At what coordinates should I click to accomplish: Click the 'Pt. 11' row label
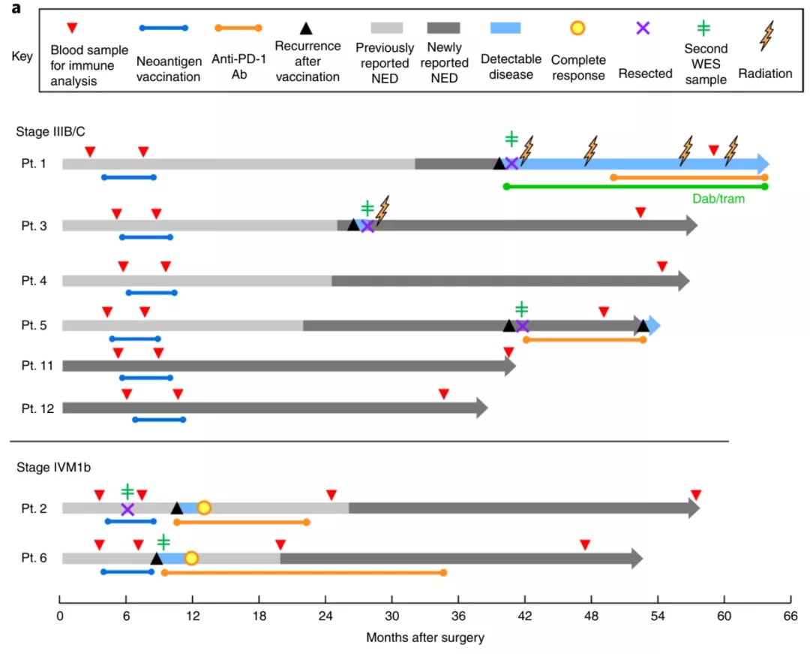click(37, 366)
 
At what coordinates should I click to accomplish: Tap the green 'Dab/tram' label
click(718, 198)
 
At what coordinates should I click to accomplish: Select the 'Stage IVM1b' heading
click(54, 467)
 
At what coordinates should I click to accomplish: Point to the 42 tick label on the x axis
click(525, 616)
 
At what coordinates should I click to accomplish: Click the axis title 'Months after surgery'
click(425, 637)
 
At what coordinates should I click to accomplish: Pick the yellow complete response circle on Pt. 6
click(191, 559)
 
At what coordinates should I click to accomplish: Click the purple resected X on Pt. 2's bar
click(127, 509)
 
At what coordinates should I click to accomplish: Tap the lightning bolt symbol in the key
click(767, 36)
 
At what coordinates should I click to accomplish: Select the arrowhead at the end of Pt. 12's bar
click(482, 408)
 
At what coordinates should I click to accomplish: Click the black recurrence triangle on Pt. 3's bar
click(353, 225)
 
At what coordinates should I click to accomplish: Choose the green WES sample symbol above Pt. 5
click(522, 309)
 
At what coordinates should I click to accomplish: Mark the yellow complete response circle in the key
click(577, 28)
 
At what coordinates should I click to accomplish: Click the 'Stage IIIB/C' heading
click(51, 132)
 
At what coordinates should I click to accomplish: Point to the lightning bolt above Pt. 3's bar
click(382, 210)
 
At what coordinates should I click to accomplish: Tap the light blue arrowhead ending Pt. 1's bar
click(763, 164)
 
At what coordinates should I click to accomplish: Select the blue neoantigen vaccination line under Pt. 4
click(151, 293)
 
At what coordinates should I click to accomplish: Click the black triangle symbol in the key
click(306, 29)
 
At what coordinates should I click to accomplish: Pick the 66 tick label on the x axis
click(791, 616)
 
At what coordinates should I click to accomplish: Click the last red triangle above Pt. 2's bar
click(696, 495)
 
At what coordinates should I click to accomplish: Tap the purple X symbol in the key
click(643, 28)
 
